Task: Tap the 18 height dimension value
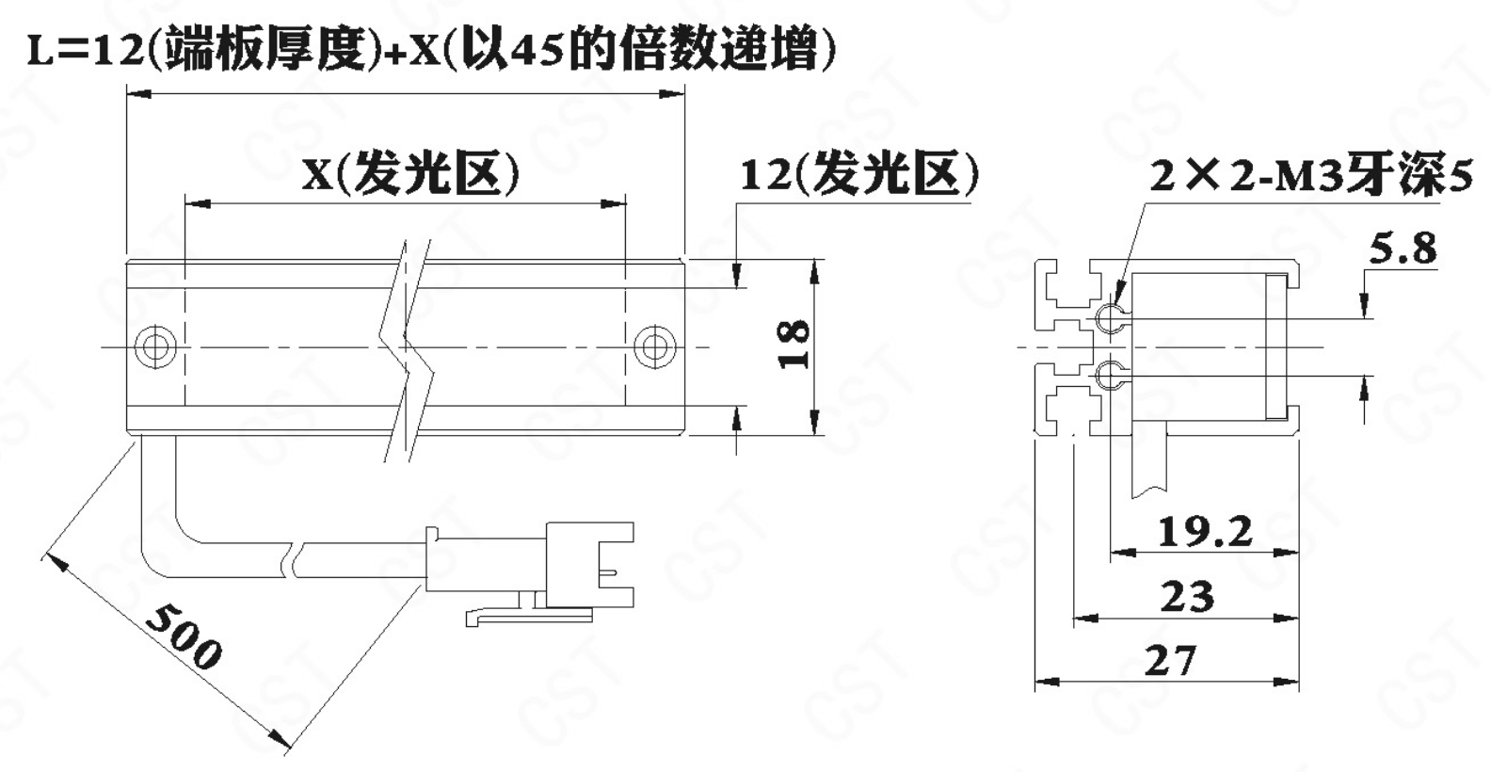click(x=794, y=344)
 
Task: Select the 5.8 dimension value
click(x=1403, y=249)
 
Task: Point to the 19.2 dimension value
click(x=1205, y=532)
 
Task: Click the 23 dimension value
click(x=1188, y=596)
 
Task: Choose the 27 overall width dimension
click(x=1170, y=661)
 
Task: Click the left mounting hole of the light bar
click(x=155, y=346)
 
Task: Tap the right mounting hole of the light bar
click(x=654, y=346)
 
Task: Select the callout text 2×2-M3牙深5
click(x=1311, y=176)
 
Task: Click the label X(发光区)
click(x=410, y=173)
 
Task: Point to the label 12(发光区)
click(x=859, y=174)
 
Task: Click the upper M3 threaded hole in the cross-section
click(x=1112, y=318)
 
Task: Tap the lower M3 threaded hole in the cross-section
click(x=1112, y=376)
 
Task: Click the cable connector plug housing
click(x=589, y=564)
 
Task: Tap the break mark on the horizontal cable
click(x=294, y=559)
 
